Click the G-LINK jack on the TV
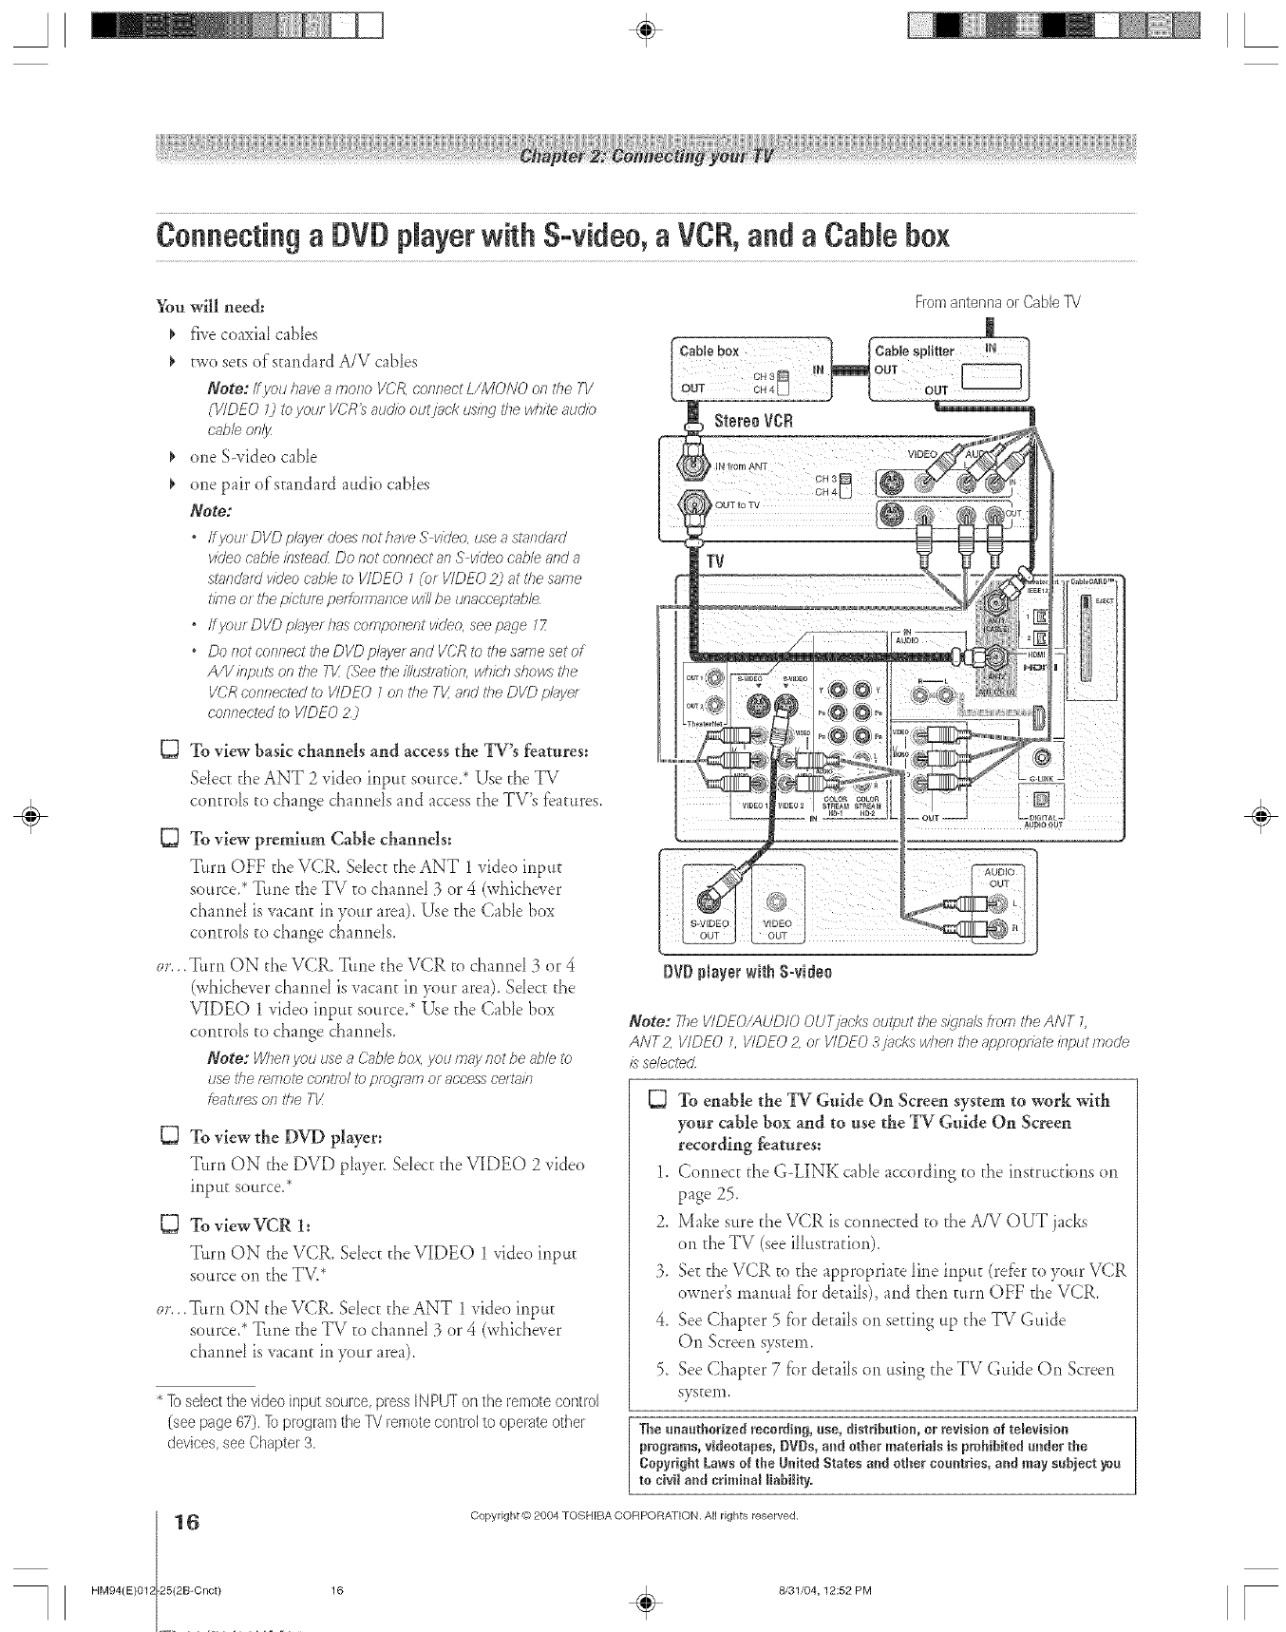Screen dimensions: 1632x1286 click(x=1041, y=757)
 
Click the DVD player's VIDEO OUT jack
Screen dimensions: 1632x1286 click(x=777, y=899)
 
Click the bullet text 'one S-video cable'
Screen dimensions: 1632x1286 click(x=254, y=457)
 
